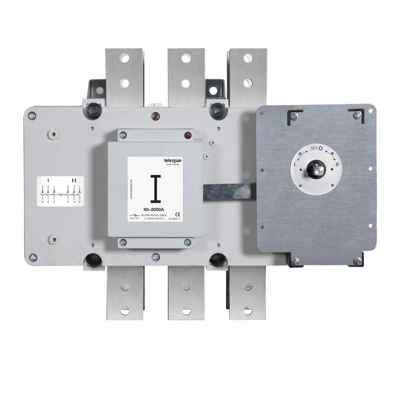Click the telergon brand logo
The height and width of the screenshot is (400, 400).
pyautogui.click(x=172, y=160)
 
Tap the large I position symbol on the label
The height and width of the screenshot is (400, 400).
pyautogui.click(x=156, y=189)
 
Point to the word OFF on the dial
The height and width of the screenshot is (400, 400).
pyautogui.click(x=314, y=148)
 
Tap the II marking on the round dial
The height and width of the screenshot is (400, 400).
pyautogui.click(x=337, y=165)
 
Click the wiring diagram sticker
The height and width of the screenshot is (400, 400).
pyautogui.click(x=60, y=191)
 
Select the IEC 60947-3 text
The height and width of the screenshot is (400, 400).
pyautogui.click(x=174, y=219)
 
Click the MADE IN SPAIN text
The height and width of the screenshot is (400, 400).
pyautogui.click(x=173, y=165)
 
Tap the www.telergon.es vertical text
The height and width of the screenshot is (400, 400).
pyautogui.click(x=132, y=189)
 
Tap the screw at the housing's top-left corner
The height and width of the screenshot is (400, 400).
pyautogui.click(x=33, y=116)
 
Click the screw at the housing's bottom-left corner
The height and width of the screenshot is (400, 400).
pyautogui.click(x=33, y=257)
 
